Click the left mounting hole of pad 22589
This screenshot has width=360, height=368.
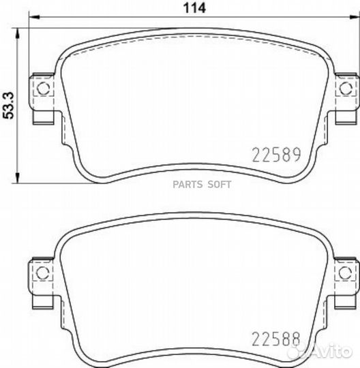[x=42, y=89]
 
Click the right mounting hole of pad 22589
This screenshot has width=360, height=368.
[x=346, y=89]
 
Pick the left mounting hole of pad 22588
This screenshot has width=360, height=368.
[x=42, y=273]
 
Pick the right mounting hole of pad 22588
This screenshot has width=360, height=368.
[x=346, y=273]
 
